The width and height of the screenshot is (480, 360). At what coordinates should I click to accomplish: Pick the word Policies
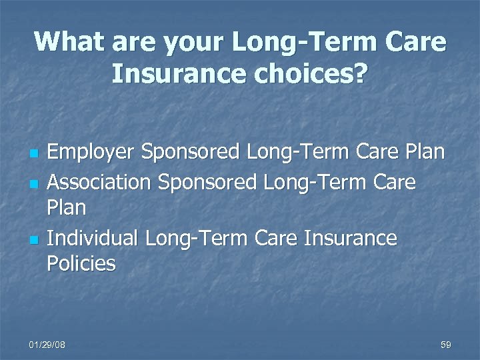[81, 264]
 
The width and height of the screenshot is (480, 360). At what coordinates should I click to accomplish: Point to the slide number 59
[446, 345]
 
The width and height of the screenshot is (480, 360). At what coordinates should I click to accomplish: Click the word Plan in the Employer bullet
[425, 153]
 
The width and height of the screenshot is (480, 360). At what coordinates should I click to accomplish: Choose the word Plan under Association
[67, 208]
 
